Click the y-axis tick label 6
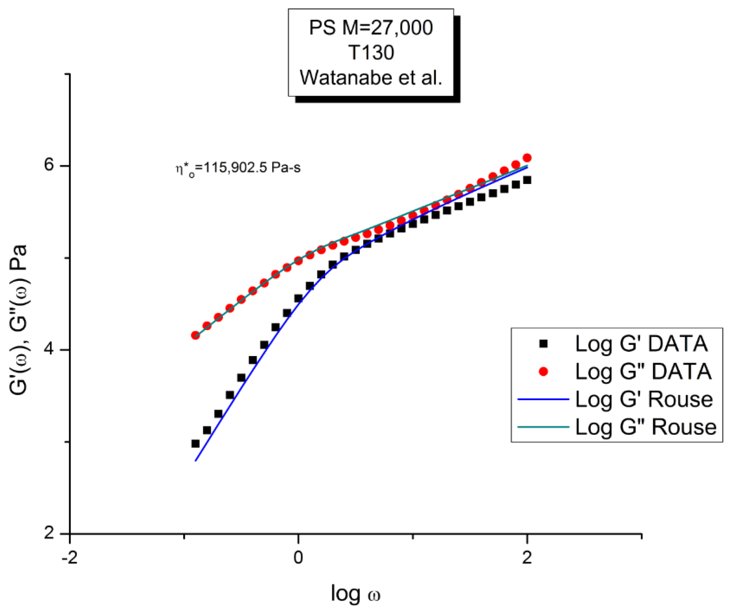click(49, 165)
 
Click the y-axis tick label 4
click(49, 349)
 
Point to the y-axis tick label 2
click(49, 533)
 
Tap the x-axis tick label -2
click(69, 558)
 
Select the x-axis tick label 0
click(298, 558)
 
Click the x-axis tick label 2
click(527, 558)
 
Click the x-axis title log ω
click(355, 593)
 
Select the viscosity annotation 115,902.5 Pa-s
click(238, 168)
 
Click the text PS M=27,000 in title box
click(371, 28)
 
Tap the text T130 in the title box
click(371, 53)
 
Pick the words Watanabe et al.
click(371, 77)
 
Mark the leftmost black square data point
click(196, 444)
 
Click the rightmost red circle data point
click(527, 158)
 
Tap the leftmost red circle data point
click(196, 335)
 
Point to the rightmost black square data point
click(527, 180)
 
